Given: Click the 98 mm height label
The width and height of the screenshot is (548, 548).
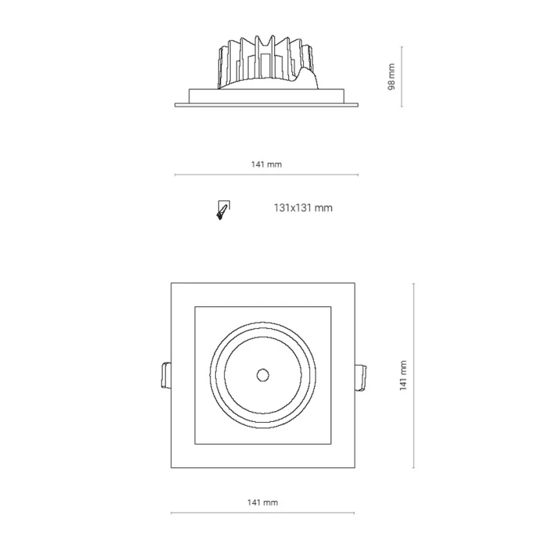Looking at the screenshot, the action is click(x=391, y=77).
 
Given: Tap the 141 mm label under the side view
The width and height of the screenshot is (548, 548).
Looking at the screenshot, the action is click(x=266, y=164).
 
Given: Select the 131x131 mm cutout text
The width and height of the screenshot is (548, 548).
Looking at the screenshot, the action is click(x=303, y=208).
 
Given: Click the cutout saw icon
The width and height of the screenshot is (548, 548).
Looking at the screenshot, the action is click(x=223, y=210).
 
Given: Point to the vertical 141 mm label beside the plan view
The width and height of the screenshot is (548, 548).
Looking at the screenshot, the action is click(x=403, y=375).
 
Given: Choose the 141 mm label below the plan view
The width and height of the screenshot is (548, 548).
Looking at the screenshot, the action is click(x=263, y=503).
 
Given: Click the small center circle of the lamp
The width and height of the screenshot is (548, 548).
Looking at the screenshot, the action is click(x=263, y=375).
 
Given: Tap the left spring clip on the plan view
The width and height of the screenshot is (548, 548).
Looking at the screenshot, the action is click(x=166, y=375).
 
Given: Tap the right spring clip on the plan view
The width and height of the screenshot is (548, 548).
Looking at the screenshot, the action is click(x=361, y=378).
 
